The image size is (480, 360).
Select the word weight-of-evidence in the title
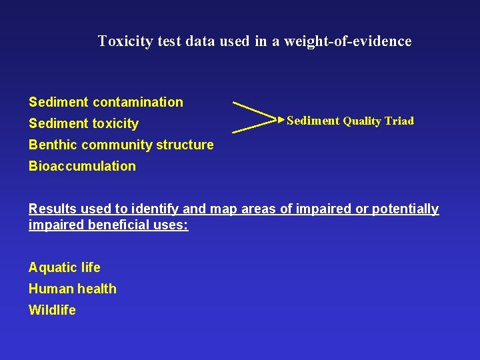tap(348, 41)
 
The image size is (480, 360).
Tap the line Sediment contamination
tap(105, 102)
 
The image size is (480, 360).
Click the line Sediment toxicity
tap(83, 123)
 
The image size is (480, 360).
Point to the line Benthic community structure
tap(121, 145)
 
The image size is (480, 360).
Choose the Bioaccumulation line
tap(81, 166)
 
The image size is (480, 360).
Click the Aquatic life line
tap(64, 267)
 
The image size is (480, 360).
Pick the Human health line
tap(72, 289)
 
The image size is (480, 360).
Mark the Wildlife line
tap(52, 310)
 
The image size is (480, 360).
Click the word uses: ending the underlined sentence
tap(172, 225)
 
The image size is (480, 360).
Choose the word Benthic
tap(51, 145)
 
